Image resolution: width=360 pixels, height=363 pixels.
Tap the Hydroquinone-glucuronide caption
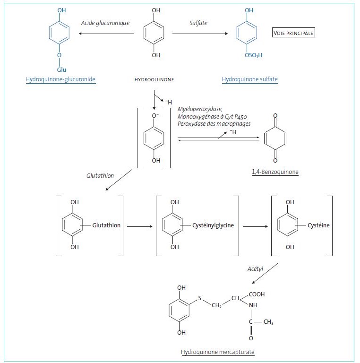60,80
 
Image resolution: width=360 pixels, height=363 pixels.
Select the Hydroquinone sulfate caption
249,80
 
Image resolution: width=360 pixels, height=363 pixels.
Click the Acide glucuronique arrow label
105,23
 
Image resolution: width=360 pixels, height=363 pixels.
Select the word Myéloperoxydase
198,109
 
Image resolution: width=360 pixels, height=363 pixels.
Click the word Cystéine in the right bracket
319,225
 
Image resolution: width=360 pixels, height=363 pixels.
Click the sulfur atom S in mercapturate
200,298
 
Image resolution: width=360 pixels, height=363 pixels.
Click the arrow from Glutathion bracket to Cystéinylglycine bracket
138,226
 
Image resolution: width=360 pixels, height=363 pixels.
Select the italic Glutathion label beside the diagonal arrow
100,175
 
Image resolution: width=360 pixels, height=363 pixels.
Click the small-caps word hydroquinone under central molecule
154,80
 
